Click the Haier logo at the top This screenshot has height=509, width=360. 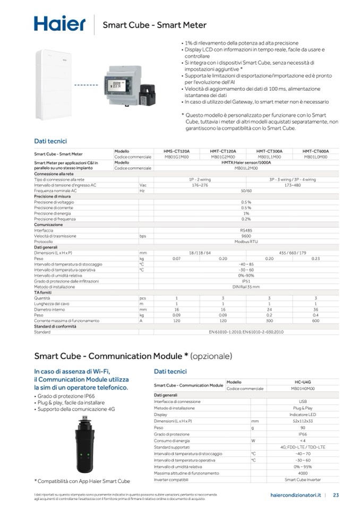coord(59,24)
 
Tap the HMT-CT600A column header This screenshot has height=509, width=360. coord(315,151)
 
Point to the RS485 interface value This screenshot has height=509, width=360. coord(246,230)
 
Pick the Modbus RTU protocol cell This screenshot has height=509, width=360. coord(246,241)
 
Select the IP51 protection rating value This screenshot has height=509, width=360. coord(246,281)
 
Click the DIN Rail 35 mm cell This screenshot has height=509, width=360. coord(246,287)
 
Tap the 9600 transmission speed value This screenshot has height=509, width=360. coord(246,236)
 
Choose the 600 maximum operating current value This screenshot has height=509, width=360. coord(315,321)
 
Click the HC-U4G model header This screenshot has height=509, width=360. coord(302,382)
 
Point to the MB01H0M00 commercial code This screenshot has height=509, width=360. coord(302,389)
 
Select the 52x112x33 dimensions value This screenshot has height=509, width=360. coord(302,421)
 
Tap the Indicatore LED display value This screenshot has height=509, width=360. coord(302,415)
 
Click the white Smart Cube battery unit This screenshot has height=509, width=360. coord(53,85)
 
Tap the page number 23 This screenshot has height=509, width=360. coord(336,496)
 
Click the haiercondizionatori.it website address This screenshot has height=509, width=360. coord(294,496)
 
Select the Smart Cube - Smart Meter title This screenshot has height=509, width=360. coord(155,25)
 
